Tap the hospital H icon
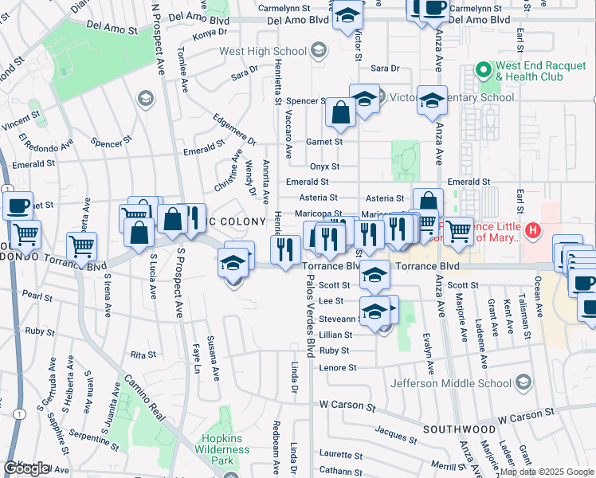click(x=534, y=232)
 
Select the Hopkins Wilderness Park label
click(x=227, y=449)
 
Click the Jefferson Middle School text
click(x=451, y=383)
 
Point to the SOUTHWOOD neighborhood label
click(x=453, y=429)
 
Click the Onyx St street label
click(x=324, y=167)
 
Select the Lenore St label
click(x=338, y=367)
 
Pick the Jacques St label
click(x=391, y=433)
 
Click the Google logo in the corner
click(x=27, y=468)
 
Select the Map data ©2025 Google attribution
click(x=547, y=472)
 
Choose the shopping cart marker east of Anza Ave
click(x=458, y=232)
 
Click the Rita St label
click(x=143, y=354)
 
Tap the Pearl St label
click(x=33, y=295)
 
